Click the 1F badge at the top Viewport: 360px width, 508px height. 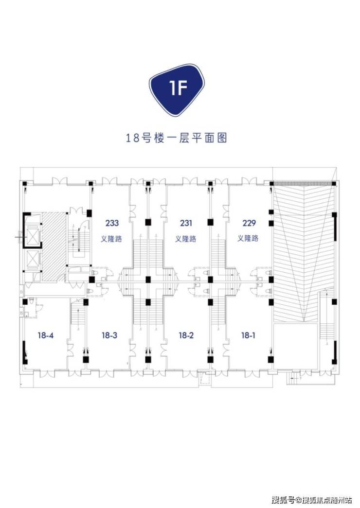(x=178, y=90)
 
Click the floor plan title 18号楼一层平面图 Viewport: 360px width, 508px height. (x=177, y=139)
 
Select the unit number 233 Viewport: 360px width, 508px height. (x=112, y=223)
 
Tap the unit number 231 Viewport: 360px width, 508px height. (x=186, y=223)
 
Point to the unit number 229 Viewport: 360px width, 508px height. (x=249, y=223)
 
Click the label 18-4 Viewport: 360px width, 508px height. (x=45, y=335)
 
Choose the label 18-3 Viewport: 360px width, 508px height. (x=109, y=335)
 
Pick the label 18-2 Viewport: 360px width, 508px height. (x=186, y=335)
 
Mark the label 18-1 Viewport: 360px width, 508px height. (x=248, y=335)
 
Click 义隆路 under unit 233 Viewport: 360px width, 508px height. (x=111, y=239)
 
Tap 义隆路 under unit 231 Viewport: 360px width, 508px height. (x=186, y=239)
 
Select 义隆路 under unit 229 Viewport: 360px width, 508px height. (x=248, y=239)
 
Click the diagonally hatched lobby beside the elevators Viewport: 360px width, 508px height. (x=53, y=246)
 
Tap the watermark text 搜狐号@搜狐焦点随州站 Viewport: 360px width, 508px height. (x=312, y=500)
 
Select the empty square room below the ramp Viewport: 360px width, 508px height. (x=295, y=346)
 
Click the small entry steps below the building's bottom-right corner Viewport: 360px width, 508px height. (x=295, y=378)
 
